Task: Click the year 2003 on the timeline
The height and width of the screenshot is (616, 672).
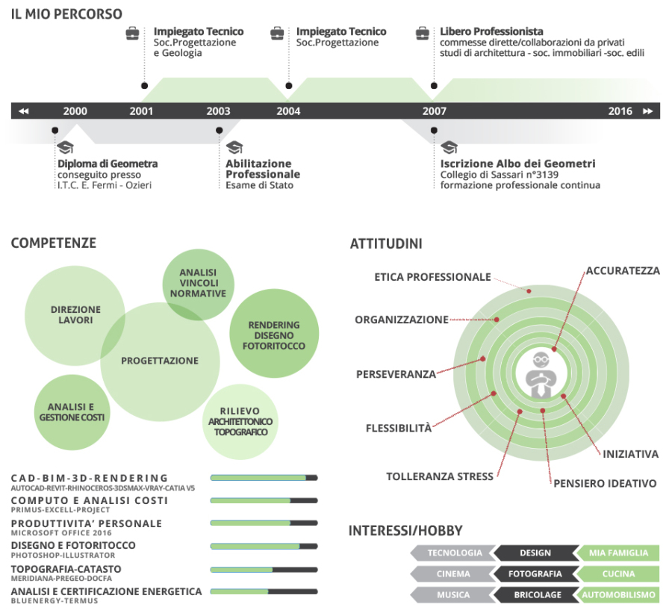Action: pos(218,111)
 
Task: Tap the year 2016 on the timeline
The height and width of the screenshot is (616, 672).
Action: pos(620,111)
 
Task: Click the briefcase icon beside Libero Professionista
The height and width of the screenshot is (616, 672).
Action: pos(423,33)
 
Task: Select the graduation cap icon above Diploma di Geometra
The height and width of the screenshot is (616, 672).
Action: pos(65,147)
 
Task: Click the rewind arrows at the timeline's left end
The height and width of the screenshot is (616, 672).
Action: pos(23,111)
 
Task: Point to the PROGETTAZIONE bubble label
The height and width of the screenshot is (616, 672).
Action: pos(160,361)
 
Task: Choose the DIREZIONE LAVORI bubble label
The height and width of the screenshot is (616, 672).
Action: pos(75,314)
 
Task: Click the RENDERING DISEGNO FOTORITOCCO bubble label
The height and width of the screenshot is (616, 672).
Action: pos(273,335)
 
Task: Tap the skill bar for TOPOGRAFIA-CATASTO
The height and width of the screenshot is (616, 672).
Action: pos(264,569)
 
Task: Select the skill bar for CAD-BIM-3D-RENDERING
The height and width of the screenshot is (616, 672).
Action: pos(264,478)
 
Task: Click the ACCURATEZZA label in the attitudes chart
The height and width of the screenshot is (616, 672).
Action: pos(623,270)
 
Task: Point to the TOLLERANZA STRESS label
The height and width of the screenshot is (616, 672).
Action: pos(440,476)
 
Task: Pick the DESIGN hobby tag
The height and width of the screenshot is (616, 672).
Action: pos(535,553)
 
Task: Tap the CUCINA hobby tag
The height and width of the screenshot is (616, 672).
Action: pos(618,574)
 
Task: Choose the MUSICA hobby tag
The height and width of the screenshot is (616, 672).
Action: pos(453,595)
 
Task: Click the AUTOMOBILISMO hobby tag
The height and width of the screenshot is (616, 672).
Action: pos(618,595)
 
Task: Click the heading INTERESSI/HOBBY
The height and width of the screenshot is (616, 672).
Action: pos(405,531)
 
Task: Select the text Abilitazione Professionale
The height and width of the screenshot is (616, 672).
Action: pos(263,169)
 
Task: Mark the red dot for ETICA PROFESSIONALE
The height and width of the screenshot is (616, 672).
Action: pos(529,290)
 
